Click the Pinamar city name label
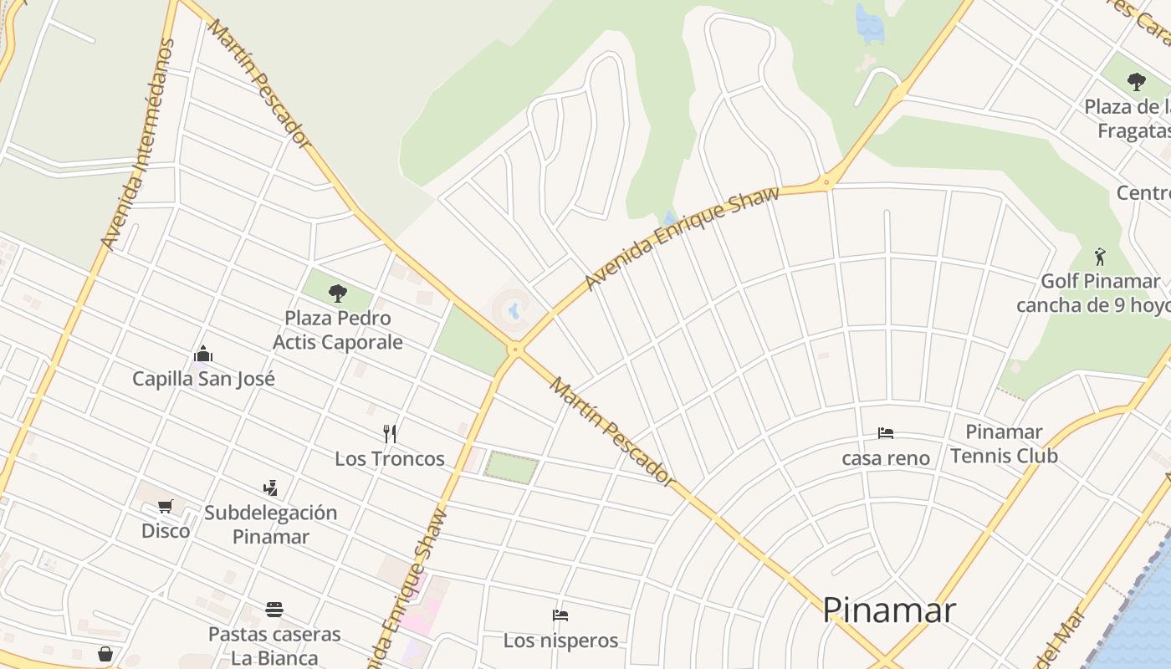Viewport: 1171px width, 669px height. pos(888,610)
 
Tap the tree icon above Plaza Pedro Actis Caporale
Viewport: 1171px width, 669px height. pos(338,293)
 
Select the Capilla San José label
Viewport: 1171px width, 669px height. pos(203,379)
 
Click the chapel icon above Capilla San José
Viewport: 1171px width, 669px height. pos(202,355)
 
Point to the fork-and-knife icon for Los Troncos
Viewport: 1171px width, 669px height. pos(390,433)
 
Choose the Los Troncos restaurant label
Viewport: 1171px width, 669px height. pos(390,458)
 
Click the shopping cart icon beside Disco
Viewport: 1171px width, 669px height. pos(166,506)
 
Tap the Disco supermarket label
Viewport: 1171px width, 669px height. pos(166,531)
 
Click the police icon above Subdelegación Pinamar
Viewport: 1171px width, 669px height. pos(270,488)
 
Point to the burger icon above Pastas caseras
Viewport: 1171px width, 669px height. pos(274,609)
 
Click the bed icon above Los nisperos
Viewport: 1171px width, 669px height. pos(560,615)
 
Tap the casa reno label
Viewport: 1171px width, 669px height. pos(886,458)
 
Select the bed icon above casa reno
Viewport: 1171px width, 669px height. pos(886,433)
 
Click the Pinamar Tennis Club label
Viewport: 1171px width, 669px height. pos(1004,444)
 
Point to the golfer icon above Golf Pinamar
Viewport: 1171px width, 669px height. pos(1100,256)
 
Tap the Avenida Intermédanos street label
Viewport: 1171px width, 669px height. pos(138,144)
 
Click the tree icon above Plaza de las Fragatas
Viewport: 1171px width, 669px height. pos(1136,82)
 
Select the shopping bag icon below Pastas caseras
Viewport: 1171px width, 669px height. pos(105,654)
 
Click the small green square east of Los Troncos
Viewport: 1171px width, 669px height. pos(511,467)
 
